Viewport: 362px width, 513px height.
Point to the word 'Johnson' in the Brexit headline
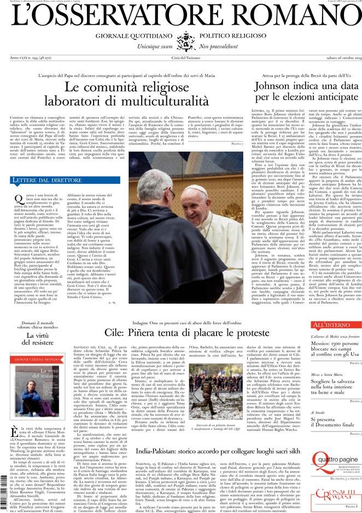(277, 87)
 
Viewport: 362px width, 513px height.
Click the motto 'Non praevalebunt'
(223, 48)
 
